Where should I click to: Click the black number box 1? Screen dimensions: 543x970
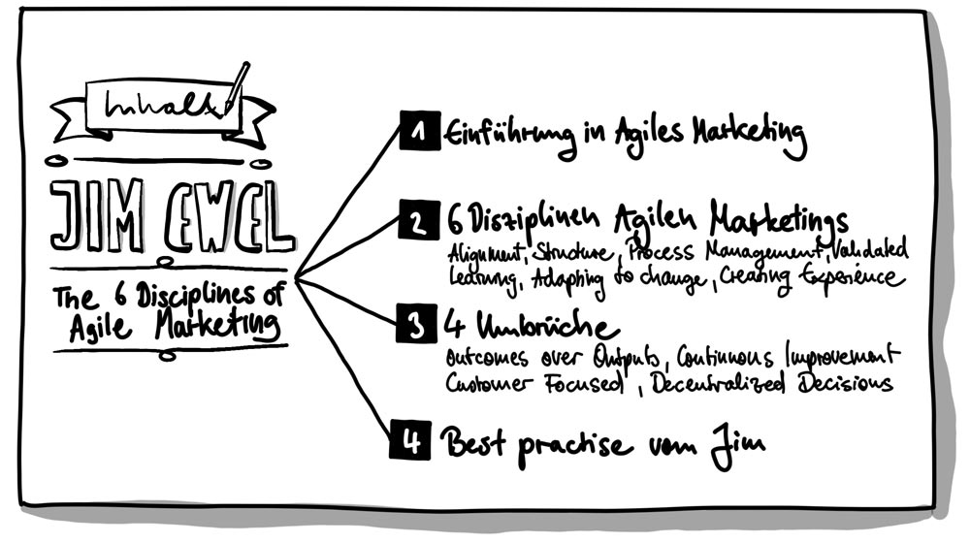[x=414, y=134]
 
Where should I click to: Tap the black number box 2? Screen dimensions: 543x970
[x=414, y=224]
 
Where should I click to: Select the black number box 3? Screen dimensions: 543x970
[x=414, y=327]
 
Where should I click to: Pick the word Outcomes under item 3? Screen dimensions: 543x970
[x=484, y=354]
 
